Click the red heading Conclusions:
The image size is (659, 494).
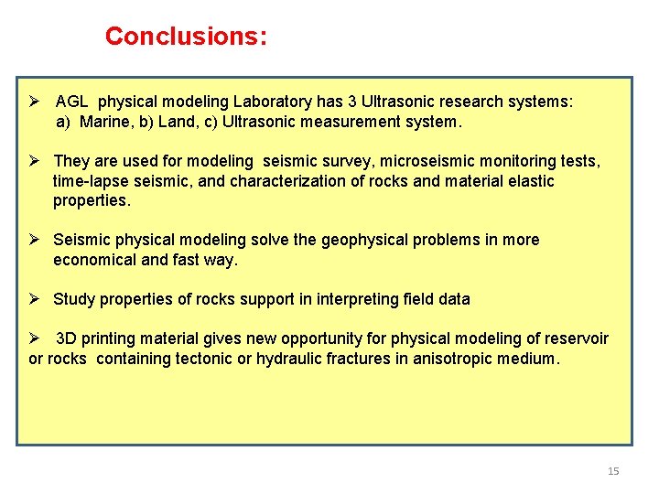[x=186, y=36]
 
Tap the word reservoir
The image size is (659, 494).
[x=576, y=338]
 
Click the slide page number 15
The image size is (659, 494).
[x=613, y=471]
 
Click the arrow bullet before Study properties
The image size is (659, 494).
[x=36, y=299]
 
